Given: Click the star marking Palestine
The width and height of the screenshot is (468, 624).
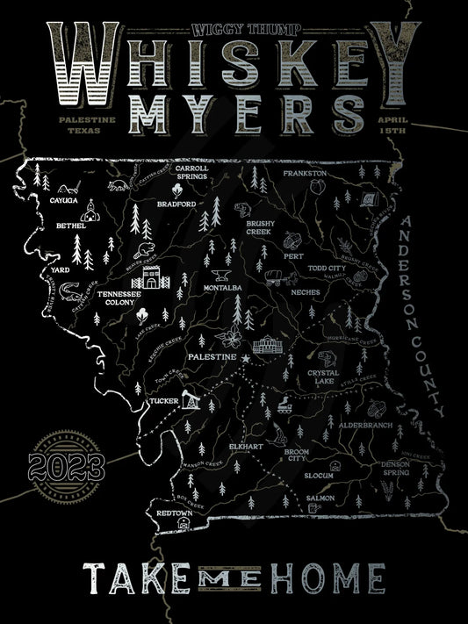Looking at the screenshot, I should (246, 358).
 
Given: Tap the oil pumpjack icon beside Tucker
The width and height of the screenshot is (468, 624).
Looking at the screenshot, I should (191, 400).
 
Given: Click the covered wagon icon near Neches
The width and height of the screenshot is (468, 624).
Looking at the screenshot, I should (275, 279).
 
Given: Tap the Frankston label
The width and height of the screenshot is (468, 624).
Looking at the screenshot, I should (305, 174).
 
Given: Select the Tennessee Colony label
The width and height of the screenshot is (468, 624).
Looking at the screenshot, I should (116, 298).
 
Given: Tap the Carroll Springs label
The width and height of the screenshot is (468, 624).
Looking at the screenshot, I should (191, 171).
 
